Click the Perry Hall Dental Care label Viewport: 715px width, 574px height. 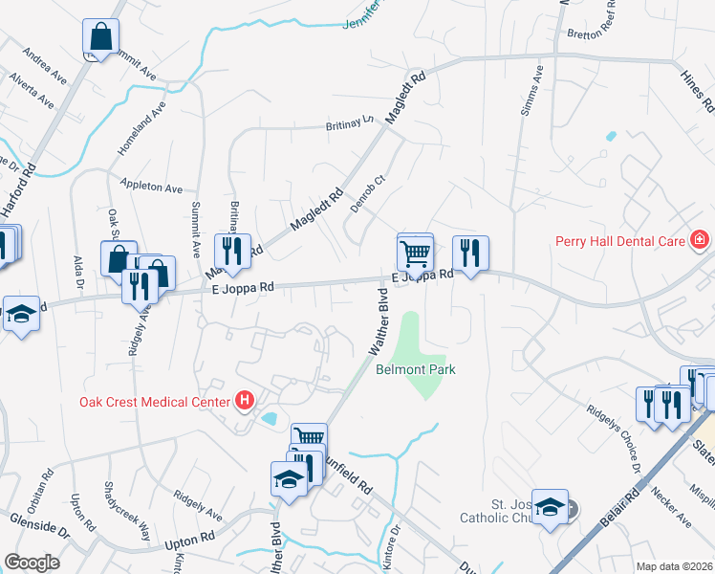coord(620,241)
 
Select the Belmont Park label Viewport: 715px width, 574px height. coord(416,369)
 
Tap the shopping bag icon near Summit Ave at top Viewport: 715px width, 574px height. coord(100,38)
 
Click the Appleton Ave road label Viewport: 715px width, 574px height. coord(150,187)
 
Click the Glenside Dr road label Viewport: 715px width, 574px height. coord(40,525)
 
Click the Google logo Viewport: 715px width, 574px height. coord(32,563)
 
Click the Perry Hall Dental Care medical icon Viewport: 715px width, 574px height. coord(701,238)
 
